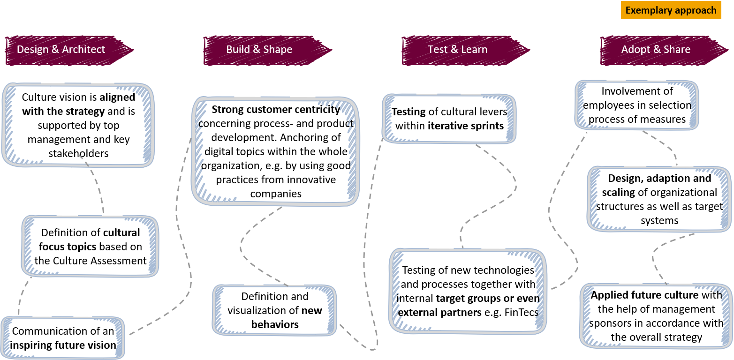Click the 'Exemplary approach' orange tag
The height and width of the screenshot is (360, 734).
[x=671, y=10]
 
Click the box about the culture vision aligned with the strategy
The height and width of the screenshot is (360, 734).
[x=78, y=125]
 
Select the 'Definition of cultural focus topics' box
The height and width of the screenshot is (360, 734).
[x=91, y=247]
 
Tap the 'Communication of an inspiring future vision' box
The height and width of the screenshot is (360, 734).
[x=63, y=338]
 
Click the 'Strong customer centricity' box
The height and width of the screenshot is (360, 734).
[x=275, y=151]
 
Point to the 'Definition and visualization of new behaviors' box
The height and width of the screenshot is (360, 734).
[x=275, y=310]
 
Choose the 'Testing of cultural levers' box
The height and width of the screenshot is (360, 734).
[x=449, y=119]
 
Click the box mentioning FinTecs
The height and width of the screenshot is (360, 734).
[x=468, y=291]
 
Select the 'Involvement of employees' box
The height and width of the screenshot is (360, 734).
[x=636, y=105]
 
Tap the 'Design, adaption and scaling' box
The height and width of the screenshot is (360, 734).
[x=659, y=199]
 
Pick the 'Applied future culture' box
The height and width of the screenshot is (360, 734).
[x=656, y=316]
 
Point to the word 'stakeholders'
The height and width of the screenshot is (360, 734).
[x=78, y=153]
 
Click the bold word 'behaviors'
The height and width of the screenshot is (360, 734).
[x=275, y=324]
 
